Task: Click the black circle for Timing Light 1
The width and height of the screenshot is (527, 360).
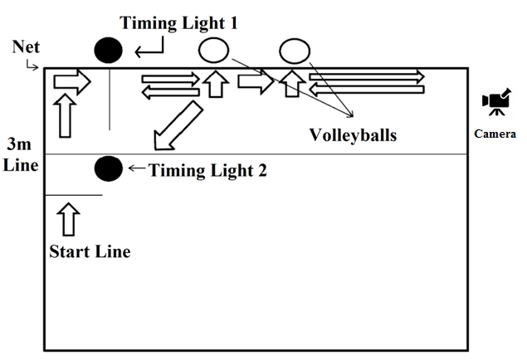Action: tap(108, 51)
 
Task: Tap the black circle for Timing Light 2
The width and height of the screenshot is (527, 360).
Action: tap(108, 168)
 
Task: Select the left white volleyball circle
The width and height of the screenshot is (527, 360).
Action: tap(213, 51)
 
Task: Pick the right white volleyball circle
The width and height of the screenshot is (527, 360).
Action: tap(294, 51)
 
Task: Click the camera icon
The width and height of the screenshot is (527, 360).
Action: tap(496, 104)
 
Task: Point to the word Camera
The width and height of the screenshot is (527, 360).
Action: tap(495, 134)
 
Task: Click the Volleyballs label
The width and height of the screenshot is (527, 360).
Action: tap(353, 134)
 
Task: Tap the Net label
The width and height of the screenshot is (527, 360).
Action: tap(25, 47)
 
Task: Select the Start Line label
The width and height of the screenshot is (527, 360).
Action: tap(89, 251)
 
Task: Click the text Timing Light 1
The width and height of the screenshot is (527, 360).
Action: tap(178, 23)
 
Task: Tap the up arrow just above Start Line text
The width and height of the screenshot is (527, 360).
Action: tap(70, 220)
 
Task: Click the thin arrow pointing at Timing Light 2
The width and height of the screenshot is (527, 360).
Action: tap(135, 170)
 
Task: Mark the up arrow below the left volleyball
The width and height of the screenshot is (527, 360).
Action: tap(215, 83)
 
